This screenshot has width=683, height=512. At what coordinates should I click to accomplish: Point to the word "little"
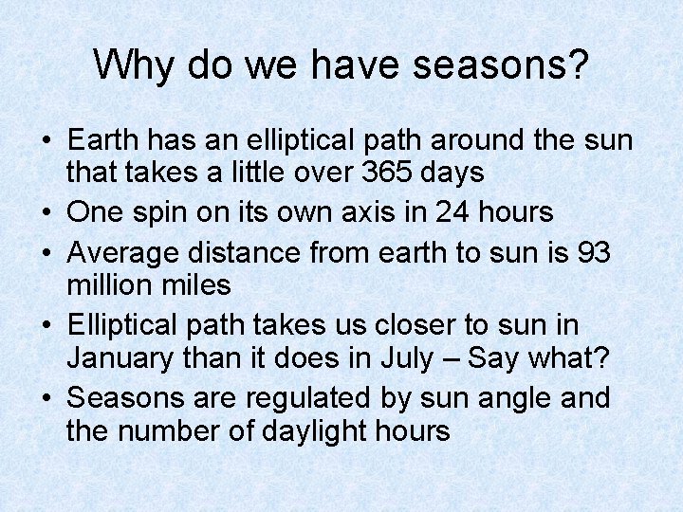click(271, 173)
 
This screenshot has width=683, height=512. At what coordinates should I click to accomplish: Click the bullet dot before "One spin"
click(46, 213)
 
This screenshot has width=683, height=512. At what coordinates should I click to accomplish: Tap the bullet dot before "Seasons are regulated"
click(46, 399)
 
